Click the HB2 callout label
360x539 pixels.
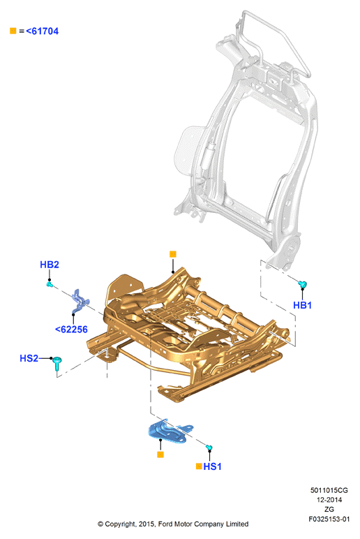coord(50,265)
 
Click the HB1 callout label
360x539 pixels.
coord(302,305)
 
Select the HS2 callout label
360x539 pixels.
coord(29,358)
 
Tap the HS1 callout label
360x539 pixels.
coord(212,466)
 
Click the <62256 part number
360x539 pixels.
coord(71,330)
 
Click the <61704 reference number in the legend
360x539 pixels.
coord(43,31)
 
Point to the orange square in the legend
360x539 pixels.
coord(13,31)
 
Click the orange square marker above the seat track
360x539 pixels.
coord(173,254)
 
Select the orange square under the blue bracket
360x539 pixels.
coord(160,455)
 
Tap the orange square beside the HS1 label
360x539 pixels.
coord(199,466)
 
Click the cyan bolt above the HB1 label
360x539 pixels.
coord(302,284)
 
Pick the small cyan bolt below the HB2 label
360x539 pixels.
coord(50,284)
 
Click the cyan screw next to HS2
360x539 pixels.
coord(57,363)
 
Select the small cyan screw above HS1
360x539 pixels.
coord(209,448)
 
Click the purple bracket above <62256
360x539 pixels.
coord(80,301)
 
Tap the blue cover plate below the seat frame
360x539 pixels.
coord(170,431)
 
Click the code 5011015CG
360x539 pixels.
coord(329,491)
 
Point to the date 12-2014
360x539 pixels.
coord(329,500)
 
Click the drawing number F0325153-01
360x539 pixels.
coord(329,519)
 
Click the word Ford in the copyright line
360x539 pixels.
coord(165,524)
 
